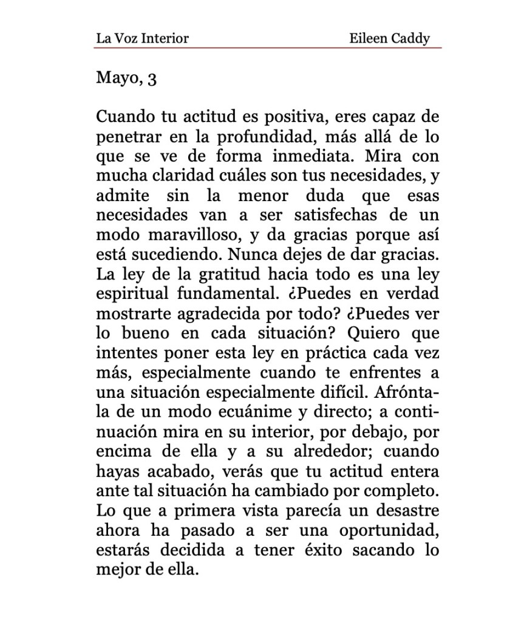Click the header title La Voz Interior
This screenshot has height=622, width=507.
(142, 39)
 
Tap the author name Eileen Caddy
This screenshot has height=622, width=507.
(389, 39)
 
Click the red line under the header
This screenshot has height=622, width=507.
(268, 47)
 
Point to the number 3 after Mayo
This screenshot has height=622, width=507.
(152, 79)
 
